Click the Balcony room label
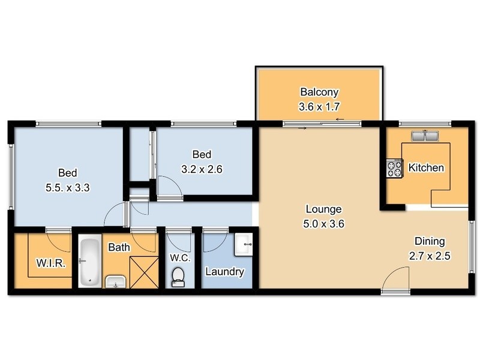(319, 92)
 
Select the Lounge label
(323, 209)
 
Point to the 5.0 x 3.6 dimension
(323, 224)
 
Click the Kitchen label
(426, 167)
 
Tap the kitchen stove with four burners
(394, 168)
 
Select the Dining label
(430, 241)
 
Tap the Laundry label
(224, 272)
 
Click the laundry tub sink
(244, 244)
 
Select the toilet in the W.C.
(178, 276)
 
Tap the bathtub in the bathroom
(90, 261)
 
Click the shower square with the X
(144, 270)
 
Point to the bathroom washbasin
(115, 281)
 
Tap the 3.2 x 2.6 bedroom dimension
(202, 169)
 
